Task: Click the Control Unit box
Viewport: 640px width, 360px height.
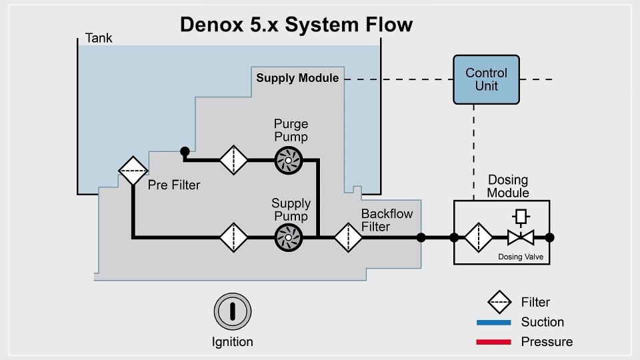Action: [x=487, y=79]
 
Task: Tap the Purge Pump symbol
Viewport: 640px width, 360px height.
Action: [x=289, y=160]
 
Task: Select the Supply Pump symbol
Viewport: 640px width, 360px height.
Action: [x=289, y=237]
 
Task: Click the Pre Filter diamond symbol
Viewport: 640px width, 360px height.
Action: [x=133, y=171]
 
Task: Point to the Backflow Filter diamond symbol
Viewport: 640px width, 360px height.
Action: [x=347, y=237]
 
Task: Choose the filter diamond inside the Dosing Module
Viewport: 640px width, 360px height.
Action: [x=478, y=237]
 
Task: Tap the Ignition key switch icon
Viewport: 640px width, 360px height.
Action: [x=232, y=311]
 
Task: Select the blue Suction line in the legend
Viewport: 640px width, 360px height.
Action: [x=494, y=322]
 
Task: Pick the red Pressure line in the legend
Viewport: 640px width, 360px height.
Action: [x=494, y=342]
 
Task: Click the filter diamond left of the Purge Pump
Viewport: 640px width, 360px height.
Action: [x=233, y=160]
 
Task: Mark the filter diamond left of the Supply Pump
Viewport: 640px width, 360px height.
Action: [x=233, y=237]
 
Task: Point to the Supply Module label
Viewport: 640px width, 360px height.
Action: [x=297, y=78]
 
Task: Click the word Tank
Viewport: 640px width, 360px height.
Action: [x=99, y=38]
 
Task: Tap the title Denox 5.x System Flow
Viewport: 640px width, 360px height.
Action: [x=297, y=25]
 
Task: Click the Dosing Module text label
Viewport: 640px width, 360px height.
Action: [x=508, y=187]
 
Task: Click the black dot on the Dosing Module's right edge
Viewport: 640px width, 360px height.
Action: [x=550, y=237]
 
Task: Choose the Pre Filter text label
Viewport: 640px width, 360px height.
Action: [x=174, y=185]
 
